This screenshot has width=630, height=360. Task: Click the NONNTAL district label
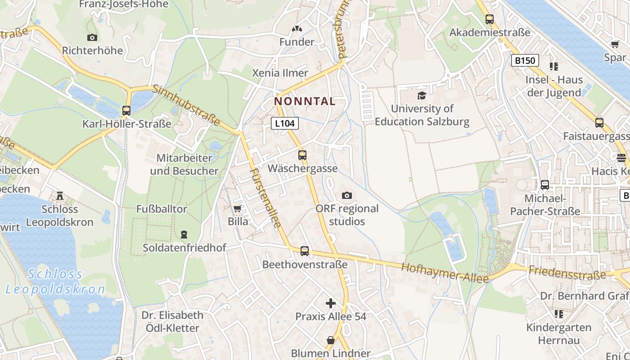pyautogui.click(x=305, y=102)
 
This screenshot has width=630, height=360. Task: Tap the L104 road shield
pyautogui.click(x=285, y=123)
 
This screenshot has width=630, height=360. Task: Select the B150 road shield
pyautogui.click(x=525, y=60)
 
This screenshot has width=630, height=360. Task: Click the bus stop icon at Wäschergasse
pyautogui.click(x=302, y=155)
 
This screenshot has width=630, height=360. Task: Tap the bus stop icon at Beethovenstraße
pyautogui.click(x=305, y=251)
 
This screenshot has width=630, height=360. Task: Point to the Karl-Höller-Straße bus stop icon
pyautogui.click(x=126, y=111)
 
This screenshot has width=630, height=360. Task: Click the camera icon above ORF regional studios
pyautogui.click(x=347, y=195)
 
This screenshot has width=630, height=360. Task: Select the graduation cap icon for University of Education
pyautogui.click(x=422, y=95)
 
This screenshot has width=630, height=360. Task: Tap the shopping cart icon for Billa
pyautogui.click(x=238, y=208)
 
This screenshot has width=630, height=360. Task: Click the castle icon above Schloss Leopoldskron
pyautogui.click(x=59, y=196)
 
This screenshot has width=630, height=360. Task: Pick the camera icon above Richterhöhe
pyautogui.click(x=92, y=37)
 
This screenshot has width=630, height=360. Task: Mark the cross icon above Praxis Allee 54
pyautogui.click(x=331, y=303)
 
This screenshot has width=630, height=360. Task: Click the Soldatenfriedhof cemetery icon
pyautogui.click(x=184, y=234)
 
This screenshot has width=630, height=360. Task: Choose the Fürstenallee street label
pyautogui.click(x=266, y=198)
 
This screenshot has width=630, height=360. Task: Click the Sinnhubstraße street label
pyautogui.click(x=186, y=105)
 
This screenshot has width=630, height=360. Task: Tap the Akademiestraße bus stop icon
pyautogui.click(x=489, y=19)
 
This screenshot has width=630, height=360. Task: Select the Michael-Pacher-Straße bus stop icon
pyautogui.click(x=545, y=185)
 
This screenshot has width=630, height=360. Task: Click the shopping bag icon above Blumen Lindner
pyautogui.click(x=331, y=340)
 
